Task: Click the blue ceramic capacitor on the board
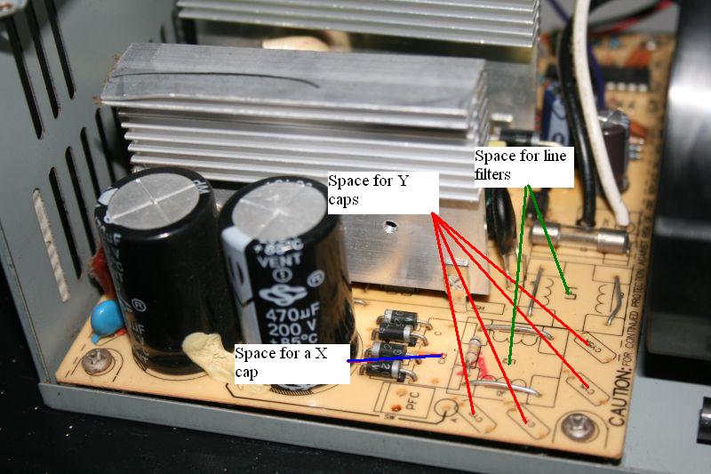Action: pos(108,315)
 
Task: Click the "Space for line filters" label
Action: pos(520,165)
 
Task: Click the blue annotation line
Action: pos(395,359)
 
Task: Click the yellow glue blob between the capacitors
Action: pos(204,355)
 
